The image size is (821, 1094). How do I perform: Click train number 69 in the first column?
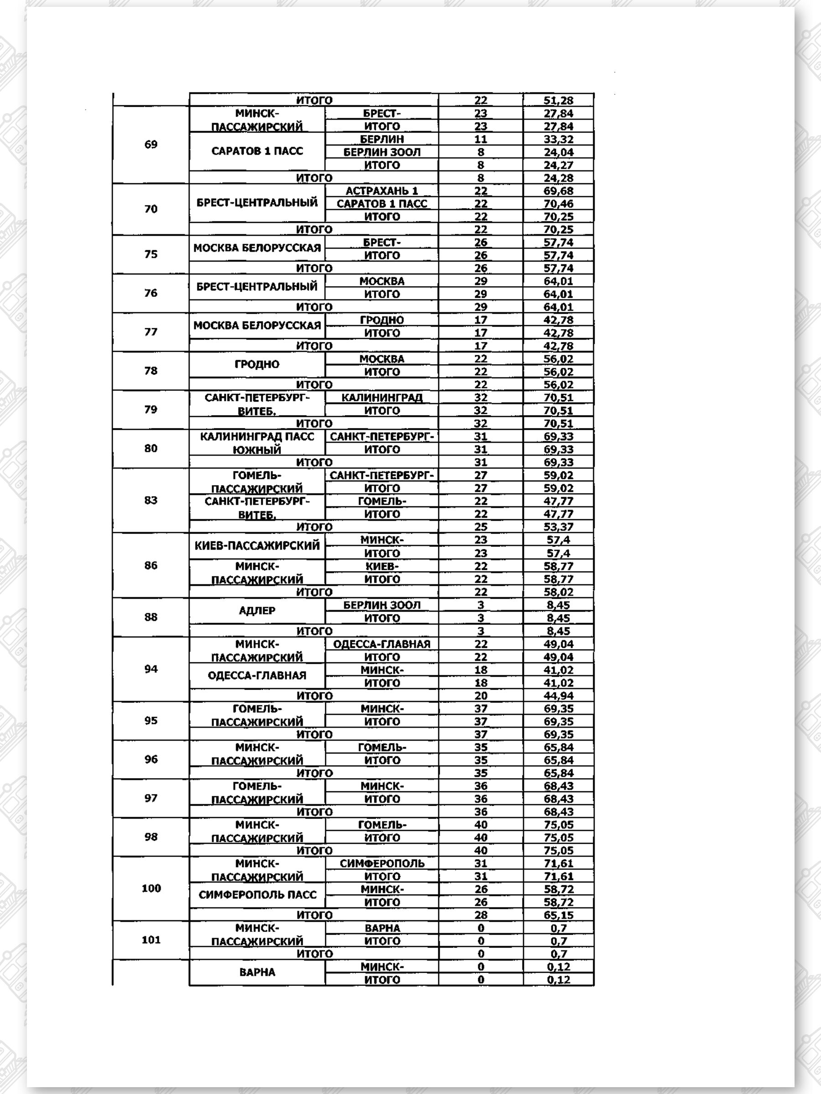pos(151,144)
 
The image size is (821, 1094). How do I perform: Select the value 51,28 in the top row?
pos(558,100)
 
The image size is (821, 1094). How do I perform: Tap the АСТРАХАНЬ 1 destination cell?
pos(382,191)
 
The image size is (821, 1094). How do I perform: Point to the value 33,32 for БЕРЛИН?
pos(558,139)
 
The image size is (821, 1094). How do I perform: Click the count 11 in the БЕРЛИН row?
pos(481,139)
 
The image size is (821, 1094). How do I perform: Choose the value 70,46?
pos(558,204)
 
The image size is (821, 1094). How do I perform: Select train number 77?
pos(151,332)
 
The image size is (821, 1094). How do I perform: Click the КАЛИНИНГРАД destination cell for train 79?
pos(382,397)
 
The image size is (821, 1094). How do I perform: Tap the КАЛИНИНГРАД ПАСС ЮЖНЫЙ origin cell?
pos(257,443)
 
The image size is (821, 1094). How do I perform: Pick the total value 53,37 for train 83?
pos(558,527)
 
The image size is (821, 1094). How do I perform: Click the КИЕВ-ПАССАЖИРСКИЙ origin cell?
pos(257,546)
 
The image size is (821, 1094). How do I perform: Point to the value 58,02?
pos(558,592)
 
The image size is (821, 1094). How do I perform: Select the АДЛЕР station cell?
pos(257,611)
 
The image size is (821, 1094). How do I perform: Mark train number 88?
pos(151,617)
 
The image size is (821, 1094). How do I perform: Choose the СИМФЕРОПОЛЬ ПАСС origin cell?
pos(257,895)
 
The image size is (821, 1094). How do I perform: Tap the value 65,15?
pos(558,915)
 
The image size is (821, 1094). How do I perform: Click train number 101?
pos(151,940)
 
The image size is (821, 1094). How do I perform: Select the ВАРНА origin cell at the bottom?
pos(257,972)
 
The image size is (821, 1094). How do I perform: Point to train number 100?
pos(151,888)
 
